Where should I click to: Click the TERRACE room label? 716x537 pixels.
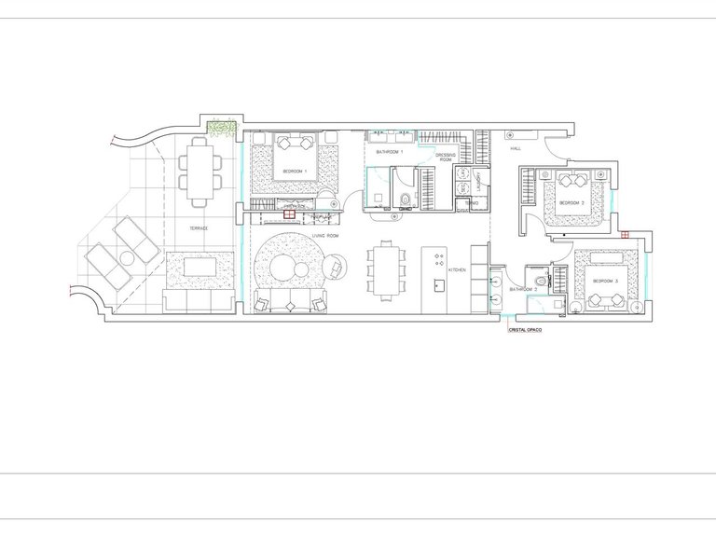(x=197, y=228)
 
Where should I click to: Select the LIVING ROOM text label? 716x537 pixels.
(x=324, y=236)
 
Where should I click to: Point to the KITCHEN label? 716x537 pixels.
(x=457, y=269)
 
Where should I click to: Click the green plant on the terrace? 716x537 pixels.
(x=222, y=129)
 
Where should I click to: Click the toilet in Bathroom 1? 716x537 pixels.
(x=406, y=197)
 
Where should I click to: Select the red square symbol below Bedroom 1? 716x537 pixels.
(x=290, y=214)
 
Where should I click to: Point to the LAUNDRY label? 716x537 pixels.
(x=477, y=176)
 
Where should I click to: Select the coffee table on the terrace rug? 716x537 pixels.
(x=200, y=267)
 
